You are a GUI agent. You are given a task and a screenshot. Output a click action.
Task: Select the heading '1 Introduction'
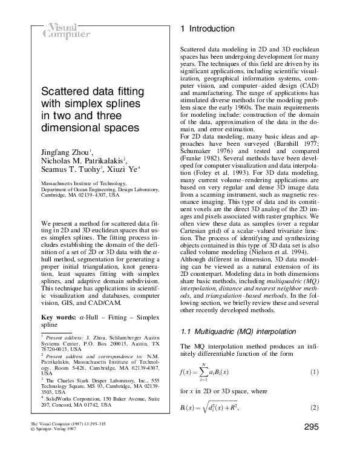click(208, 29)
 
